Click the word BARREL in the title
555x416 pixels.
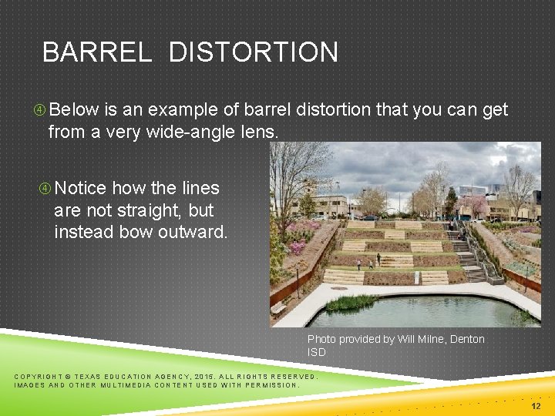tap(97, 52)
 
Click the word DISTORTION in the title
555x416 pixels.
tap(253, 52)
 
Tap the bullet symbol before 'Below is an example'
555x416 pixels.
tap(39, 110)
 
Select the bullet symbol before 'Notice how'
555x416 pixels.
tap(45, 189)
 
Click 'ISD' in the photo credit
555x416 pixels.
tap(317, 352)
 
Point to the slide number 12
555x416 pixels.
tap(536, 406)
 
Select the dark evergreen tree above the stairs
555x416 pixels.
tap(451, 203)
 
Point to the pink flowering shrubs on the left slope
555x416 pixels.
tap(298, 246)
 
